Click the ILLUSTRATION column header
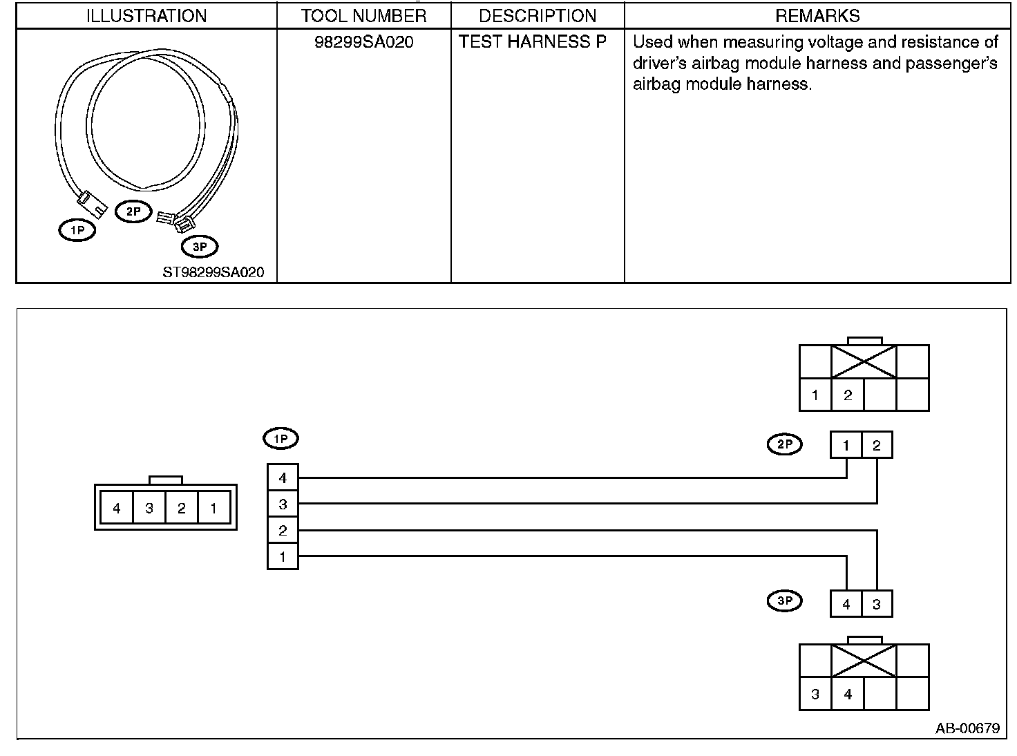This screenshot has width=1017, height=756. pos(146,16)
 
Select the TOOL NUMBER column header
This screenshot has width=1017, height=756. pos(363,16)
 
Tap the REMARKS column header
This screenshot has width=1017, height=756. pos(817,16)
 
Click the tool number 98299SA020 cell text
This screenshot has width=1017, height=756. pos(363,42)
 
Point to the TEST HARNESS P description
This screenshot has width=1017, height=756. pos(533,42)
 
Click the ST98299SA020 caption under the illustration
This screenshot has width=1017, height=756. pos(213,272)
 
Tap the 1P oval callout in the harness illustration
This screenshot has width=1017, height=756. pos(77,230)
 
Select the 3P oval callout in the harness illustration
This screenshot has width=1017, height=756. pos(199,246)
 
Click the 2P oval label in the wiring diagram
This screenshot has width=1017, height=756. pos(785,444)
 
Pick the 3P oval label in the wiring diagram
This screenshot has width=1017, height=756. pos(785,601)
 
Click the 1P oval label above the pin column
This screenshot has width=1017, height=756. pos(281,438)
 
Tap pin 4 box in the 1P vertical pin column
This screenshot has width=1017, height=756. pos(283,478)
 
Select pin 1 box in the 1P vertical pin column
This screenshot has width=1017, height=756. pos(283,556)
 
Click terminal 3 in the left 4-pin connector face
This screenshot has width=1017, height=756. pos(149,509)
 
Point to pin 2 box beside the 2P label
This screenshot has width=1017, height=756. pos(877,445)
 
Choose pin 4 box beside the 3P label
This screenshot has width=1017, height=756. pos(846,604)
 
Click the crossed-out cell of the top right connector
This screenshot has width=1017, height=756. pos(864,361)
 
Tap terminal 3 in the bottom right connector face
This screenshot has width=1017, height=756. pos(815,694)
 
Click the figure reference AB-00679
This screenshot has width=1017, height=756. pos(967,728)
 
